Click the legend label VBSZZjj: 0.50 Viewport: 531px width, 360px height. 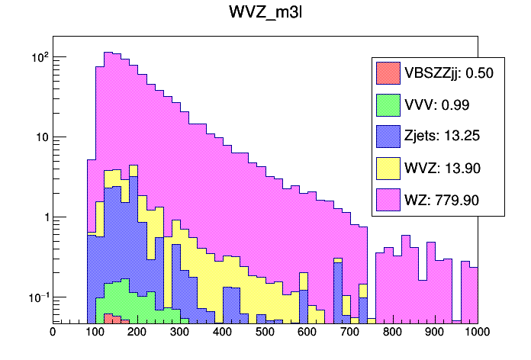(x=449, y=73)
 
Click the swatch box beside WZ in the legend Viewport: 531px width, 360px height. (x=388, y=201)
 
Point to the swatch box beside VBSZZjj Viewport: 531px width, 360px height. (x=388, y=73)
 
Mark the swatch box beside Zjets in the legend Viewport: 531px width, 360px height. (x=388, y=137)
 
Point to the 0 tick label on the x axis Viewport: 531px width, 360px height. (x=53, y=332)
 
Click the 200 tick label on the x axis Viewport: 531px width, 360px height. (x=137, y=332)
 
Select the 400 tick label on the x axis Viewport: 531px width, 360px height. (x=223, y=332)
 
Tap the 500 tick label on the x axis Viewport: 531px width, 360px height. (x=265, y=332)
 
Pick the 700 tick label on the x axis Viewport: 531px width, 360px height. (x=350, y=332)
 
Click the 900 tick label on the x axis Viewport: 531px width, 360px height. (x=435, y=332)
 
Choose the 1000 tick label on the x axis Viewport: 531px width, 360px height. (x=475, y=332)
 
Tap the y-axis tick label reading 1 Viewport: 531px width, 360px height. (x=44, y=217)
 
